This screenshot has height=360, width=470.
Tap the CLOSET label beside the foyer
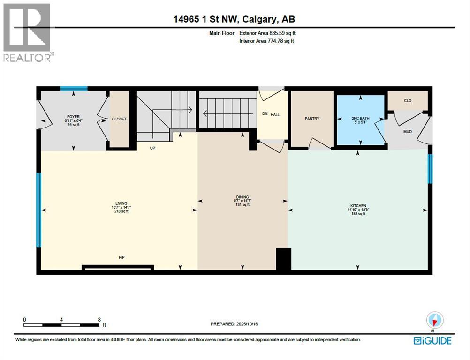point(119,119)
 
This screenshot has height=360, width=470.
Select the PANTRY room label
point(312,119)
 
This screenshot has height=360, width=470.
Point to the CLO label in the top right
point(408,101)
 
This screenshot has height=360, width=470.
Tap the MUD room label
point(408,132)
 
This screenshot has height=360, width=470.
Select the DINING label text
point(243,197)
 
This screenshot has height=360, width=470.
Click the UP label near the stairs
point(152,148)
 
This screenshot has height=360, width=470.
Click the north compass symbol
point(435,321)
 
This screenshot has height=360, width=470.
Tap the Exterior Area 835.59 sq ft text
point(267,33)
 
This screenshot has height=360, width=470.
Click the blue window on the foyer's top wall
point(73,88)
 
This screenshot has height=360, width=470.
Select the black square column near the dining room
point(283,259)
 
